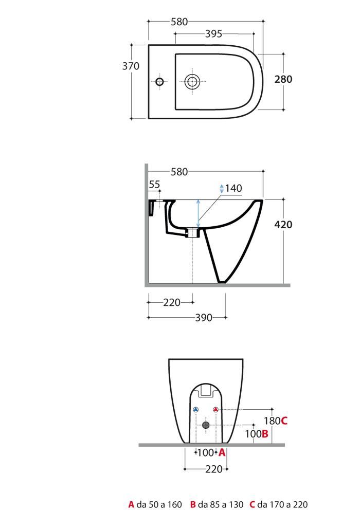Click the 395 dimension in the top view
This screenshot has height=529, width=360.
point(214,34)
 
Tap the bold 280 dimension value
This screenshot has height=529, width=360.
point(283,79)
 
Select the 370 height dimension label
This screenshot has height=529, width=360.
point(131,66)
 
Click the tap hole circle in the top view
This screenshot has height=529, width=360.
point(159,82)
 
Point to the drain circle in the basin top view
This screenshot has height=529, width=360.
point(192,82)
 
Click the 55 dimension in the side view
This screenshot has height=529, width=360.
point(154,185)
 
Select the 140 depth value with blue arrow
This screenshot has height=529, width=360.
point(233,188)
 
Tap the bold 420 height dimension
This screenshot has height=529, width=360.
point(283,225)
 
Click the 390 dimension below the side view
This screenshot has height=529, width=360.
point(204,318)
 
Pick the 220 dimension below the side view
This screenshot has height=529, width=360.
point(172,303)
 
